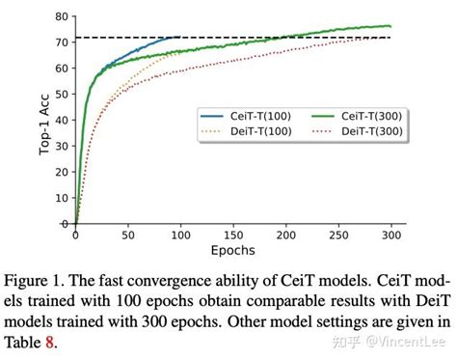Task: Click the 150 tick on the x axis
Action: pyautogui.click(x=232, y=235)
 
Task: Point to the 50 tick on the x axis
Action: pyautogui.click(x=127, y=235)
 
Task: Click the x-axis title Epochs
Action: pyautogui.click(x=233, y=250)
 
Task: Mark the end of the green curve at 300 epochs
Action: pyautogui.click(x=390, y=26)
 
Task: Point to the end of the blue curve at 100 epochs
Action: pyautogui.click(x=179, y=38)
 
